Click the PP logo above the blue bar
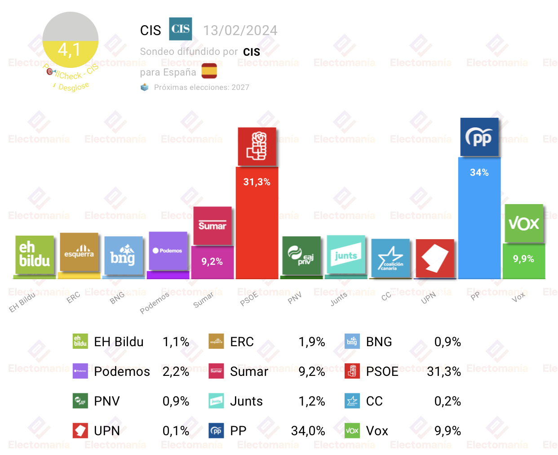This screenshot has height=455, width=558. (x=479, y=137)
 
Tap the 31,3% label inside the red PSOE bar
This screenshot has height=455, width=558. (x=257, y=182)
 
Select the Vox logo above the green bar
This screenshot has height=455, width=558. (x=524, y=223)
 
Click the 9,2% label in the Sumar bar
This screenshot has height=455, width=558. (x=212, y=261)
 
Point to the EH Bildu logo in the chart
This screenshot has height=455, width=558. (x=35, y=254)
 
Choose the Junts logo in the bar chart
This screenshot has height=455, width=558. (x=346, y=254)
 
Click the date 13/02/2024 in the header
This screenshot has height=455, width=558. (x=240, y=30)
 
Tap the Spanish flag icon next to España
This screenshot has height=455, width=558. (x=209, y=71)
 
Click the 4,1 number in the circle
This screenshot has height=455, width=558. (x=70, y=49)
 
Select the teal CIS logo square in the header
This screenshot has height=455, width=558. (x=181, y=29)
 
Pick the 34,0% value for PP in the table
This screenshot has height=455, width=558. (x=308, y=431)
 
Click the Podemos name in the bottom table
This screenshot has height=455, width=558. (x=122, y=371)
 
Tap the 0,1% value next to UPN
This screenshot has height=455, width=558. (x=176, y=431)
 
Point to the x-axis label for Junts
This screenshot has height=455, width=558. (x=339, y=299)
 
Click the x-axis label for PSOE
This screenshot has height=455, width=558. (x=249, y=299)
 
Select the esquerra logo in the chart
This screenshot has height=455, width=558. (x=79, y=252)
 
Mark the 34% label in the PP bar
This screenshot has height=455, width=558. (x=479, y=172)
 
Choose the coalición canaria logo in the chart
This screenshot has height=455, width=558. (x=390, y=258)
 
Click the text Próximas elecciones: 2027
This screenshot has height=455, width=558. (x=201, y=87)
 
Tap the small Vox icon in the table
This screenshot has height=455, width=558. (x=352, y=431)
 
